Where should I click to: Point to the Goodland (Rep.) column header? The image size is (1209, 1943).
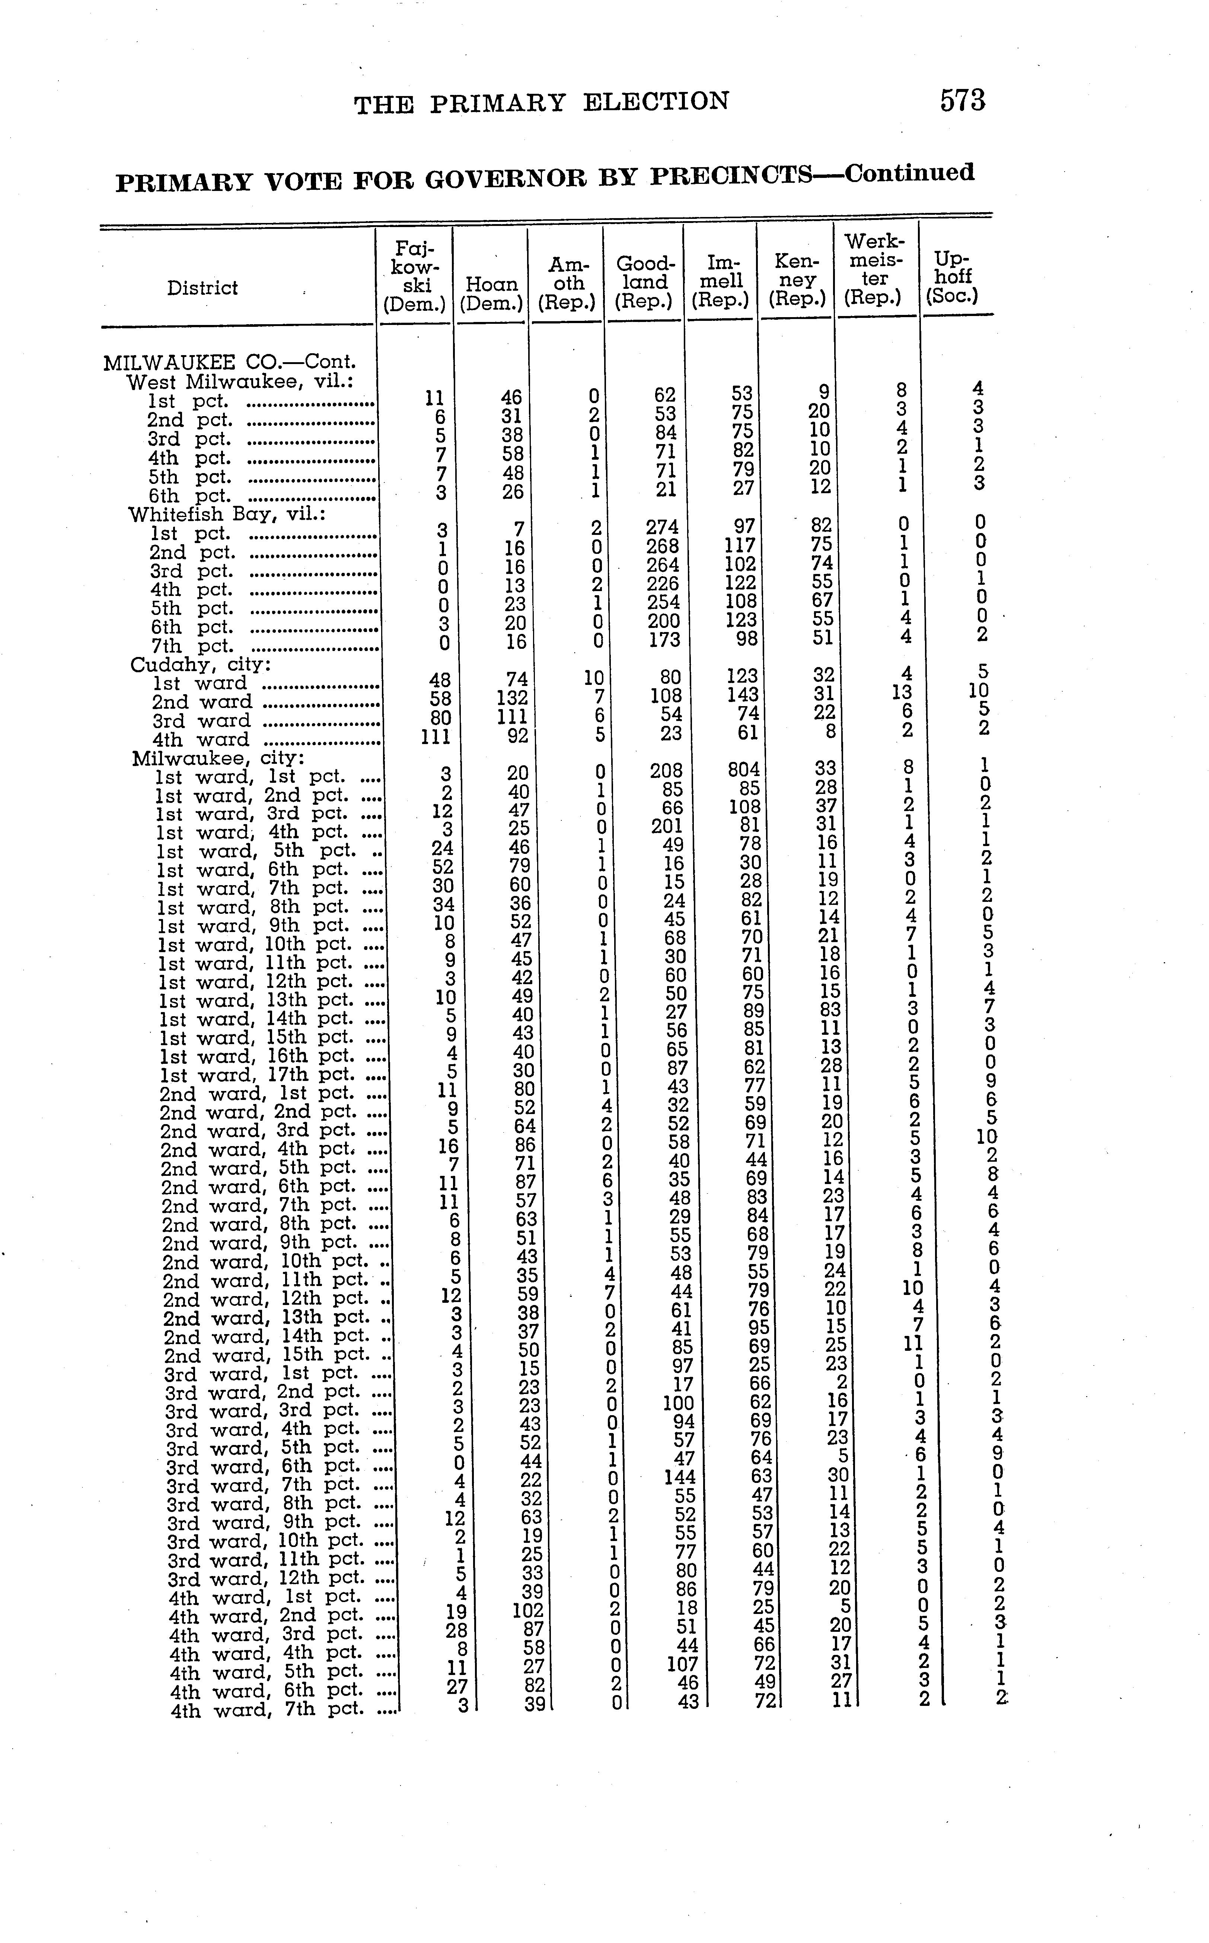(x=644, y=282)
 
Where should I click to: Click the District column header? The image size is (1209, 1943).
(x=202, y=288)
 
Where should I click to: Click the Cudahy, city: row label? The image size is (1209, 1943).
(x=200, y=664)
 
